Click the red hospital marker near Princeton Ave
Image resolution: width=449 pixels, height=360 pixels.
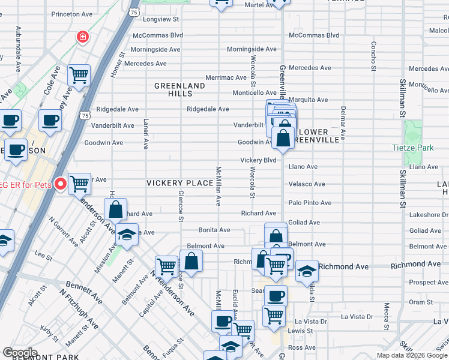(x=82, y=38)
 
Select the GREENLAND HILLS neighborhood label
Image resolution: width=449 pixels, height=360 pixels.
(x=179, y=90)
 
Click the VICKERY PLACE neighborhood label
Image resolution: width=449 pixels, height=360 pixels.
(x=179, y=182)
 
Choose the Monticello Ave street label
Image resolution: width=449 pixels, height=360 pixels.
(x=255, y=92)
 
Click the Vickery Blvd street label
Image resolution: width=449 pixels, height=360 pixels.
(x=258, y=160)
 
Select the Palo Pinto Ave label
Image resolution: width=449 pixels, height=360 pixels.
(x=310, y=203)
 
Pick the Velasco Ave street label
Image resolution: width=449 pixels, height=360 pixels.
(x=307, y=184)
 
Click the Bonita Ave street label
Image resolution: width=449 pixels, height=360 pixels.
(x=214, y=230)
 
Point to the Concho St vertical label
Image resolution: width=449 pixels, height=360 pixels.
(x=373, y=56)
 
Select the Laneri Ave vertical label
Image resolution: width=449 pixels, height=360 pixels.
(x=146, y=133)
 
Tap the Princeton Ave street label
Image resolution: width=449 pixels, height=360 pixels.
(x=72, y=14)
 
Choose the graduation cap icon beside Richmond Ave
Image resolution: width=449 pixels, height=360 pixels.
(x=306, y=271)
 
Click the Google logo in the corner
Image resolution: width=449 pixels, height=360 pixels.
(x=20, y=353)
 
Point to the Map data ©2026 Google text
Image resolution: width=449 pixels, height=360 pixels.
(x=412, y=355)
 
